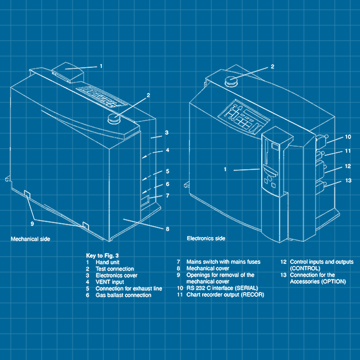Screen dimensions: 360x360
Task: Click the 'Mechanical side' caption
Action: pos(30,239)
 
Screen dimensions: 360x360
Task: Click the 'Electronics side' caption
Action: pos(206,239)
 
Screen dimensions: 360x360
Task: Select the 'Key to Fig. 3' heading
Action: pos(103,255)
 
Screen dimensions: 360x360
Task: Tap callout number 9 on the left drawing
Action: pos(32,224)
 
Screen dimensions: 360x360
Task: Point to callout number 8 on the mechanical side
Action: pos(167,229)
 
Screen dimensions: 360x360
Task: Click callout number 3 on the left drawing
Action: pos(167,133)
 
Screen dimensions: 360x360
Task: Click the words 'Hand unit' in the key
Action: pos(108,262)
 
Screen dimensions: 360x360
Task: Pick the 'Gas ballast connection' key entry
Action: pos(123,295)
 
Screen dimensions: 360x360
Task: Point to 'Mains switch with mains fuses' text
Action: pos(223,262)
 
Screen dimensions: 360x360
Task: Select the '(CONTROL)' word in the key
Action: pos(305,268)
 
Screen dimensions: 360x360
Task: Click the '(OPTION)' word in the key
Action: pos(332,282)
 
